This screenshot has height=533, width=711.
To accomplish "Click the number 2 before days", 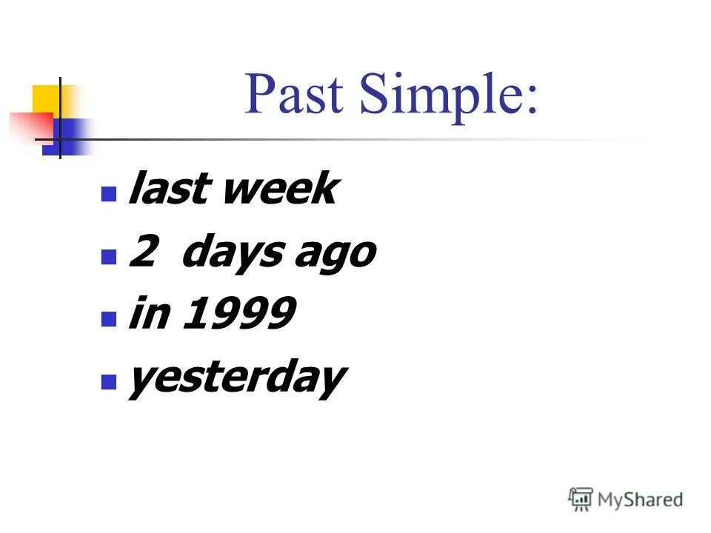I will [x=144, y=253].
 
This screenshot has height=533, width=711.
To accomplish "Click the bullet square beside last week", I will [x=109, y=193].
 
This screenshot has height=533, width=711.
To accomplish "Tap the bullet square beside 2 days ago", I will [x=109, y=257].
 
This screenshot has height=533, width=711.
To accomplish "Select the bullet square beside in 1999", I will [x=109, y=320].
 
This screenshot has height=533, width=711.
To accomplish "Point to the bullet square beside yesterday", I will [x=109, y=383].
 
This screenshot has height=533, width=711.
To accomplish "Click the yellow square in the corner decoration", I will [x=47, y=100].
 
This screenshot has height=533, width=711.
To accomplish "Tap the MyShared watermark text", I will [x=640, y=500].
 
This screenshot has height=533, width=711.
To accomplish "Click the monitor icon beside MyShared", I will [x=581, y=499].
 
